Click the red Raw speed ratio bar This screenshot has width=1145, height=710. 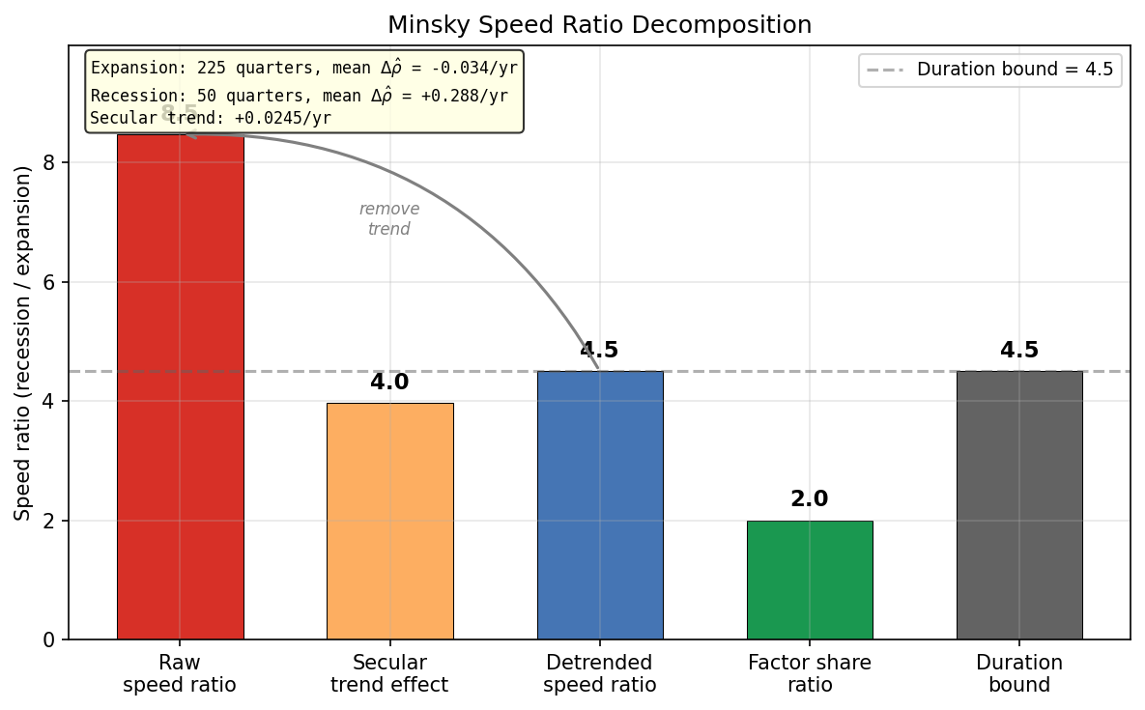coord(180,386)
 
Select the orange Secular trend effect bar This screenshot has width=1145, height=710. coord(389,522)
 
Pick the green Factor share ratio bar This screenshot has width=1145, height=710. coord(809,580)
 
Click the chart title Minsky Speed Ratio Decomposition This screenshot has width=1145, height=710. coord(599,24)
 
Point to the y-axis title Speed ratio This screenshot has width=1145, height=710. coord(23,342)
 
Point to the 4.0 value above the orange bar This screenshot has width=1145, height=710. coord(389,383)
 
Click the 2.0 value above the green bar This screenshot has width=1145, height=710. coord(809,499)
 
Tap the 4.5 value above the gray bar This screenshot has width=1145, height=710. coord(1018,351)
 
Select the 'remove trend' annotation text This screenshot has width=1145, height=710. coord(389,219)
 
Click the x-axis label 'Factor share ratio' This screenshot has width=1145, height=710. coord(809,674)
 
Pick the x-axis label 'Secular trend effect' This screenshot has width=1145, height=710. coord(389,674)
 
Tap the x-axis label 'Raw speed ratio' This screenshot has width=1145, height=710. coord(180,674)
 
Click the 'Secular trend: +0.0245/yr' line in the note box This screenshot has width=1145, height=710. coord(211,118)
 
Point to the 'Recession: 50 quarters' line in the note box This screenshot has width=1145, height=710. coord(299,96)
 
